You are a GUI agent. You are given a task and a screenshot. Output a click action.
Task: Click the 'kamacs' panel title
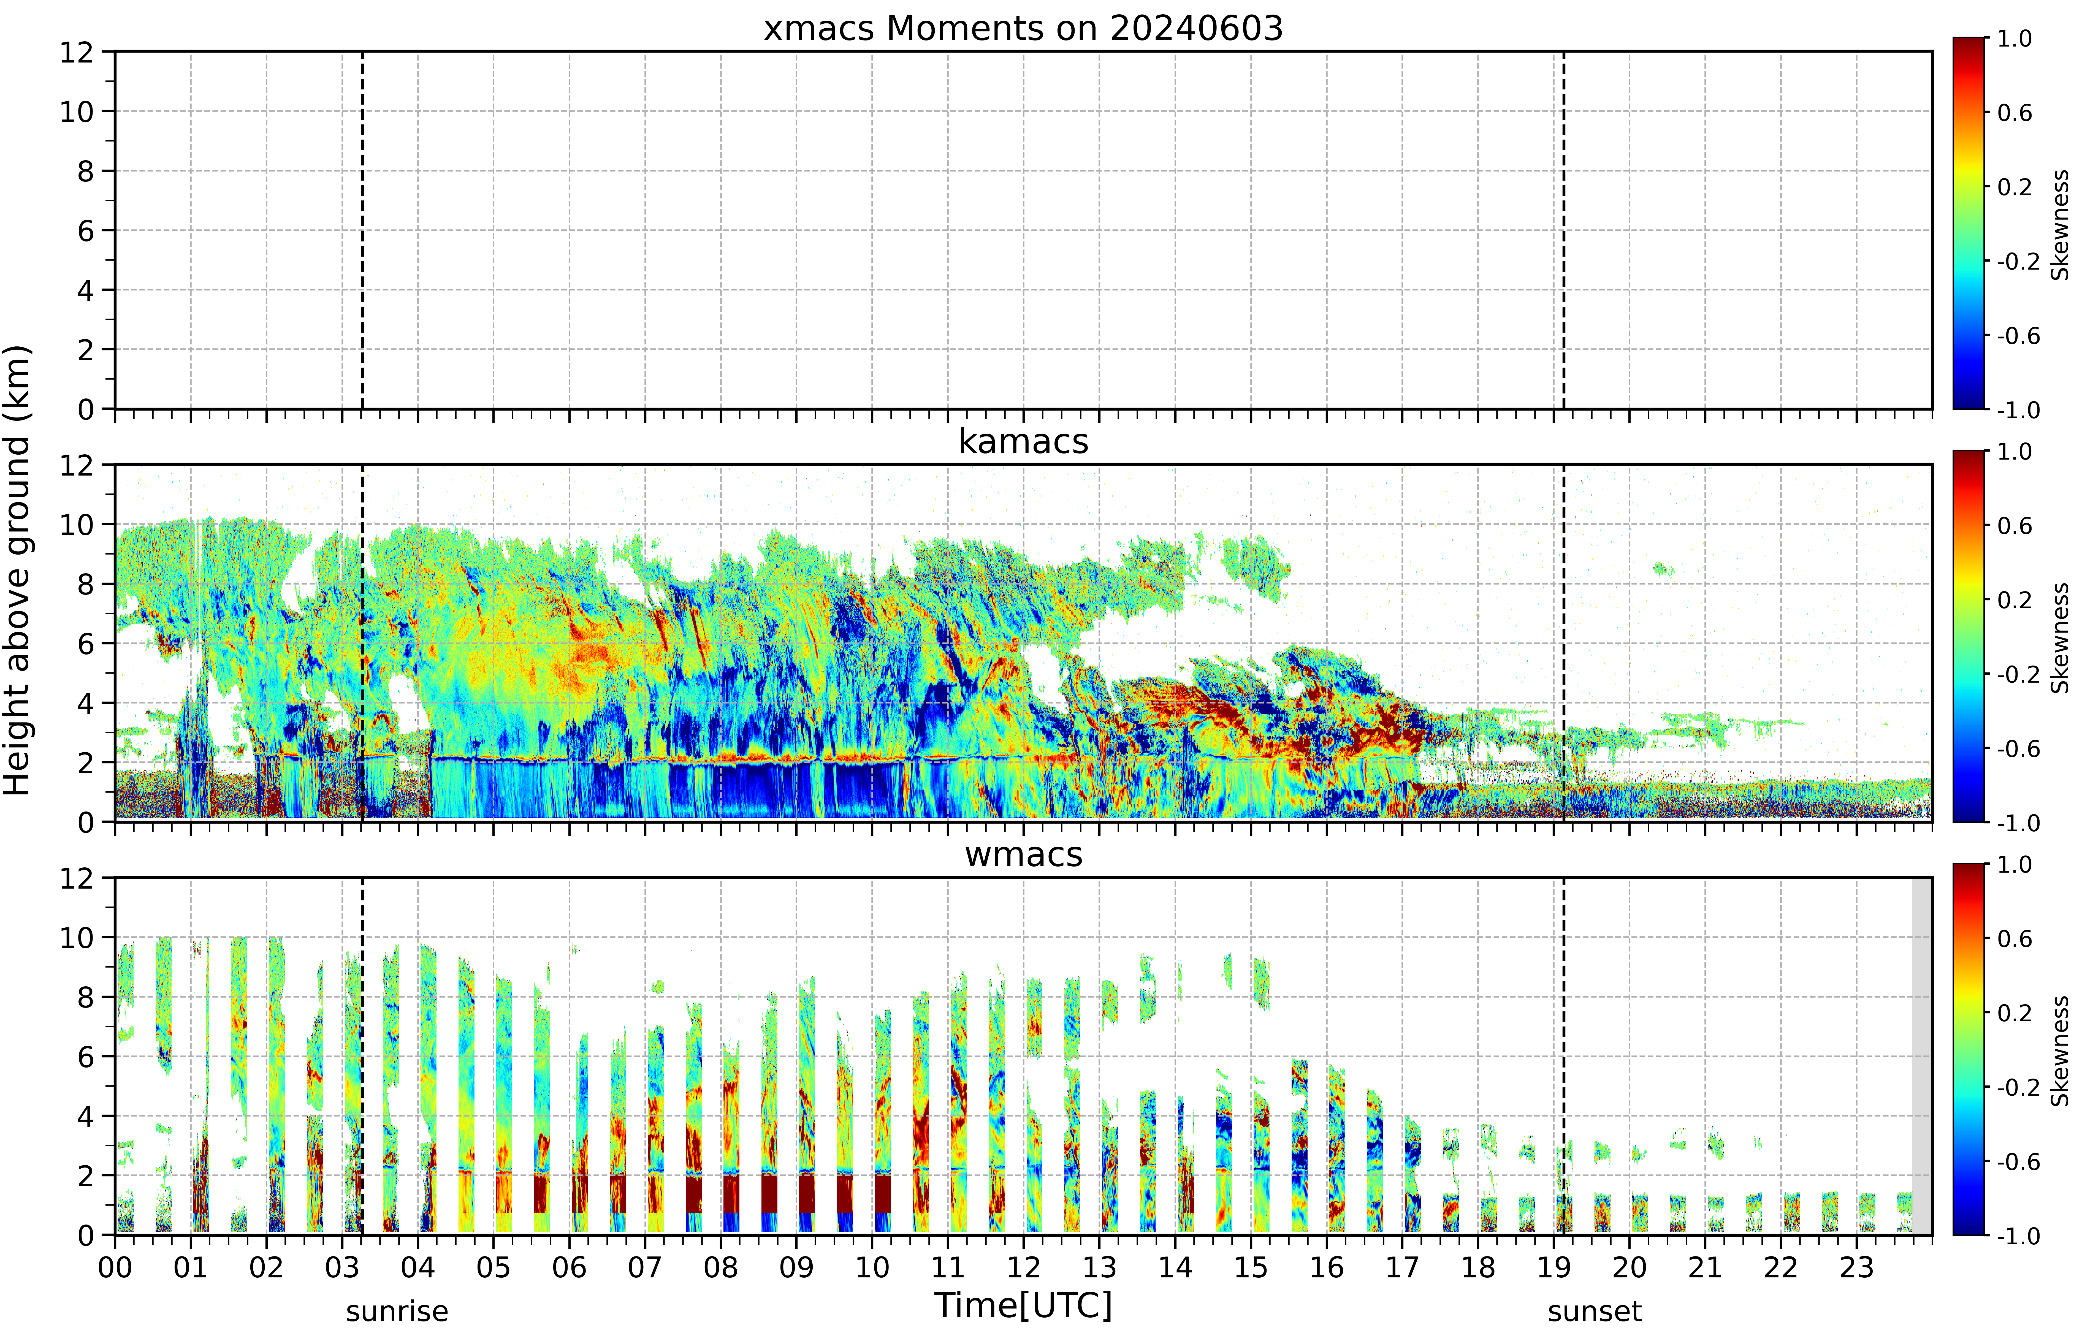click(x=1023, y=441)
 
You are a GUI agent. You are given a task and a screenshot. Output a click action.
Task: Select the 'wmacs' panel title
click(x=1023, y=854)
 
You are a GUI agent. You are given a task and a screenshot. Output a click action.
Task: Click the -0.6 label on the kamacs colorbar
click(x=2019, y=749)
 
